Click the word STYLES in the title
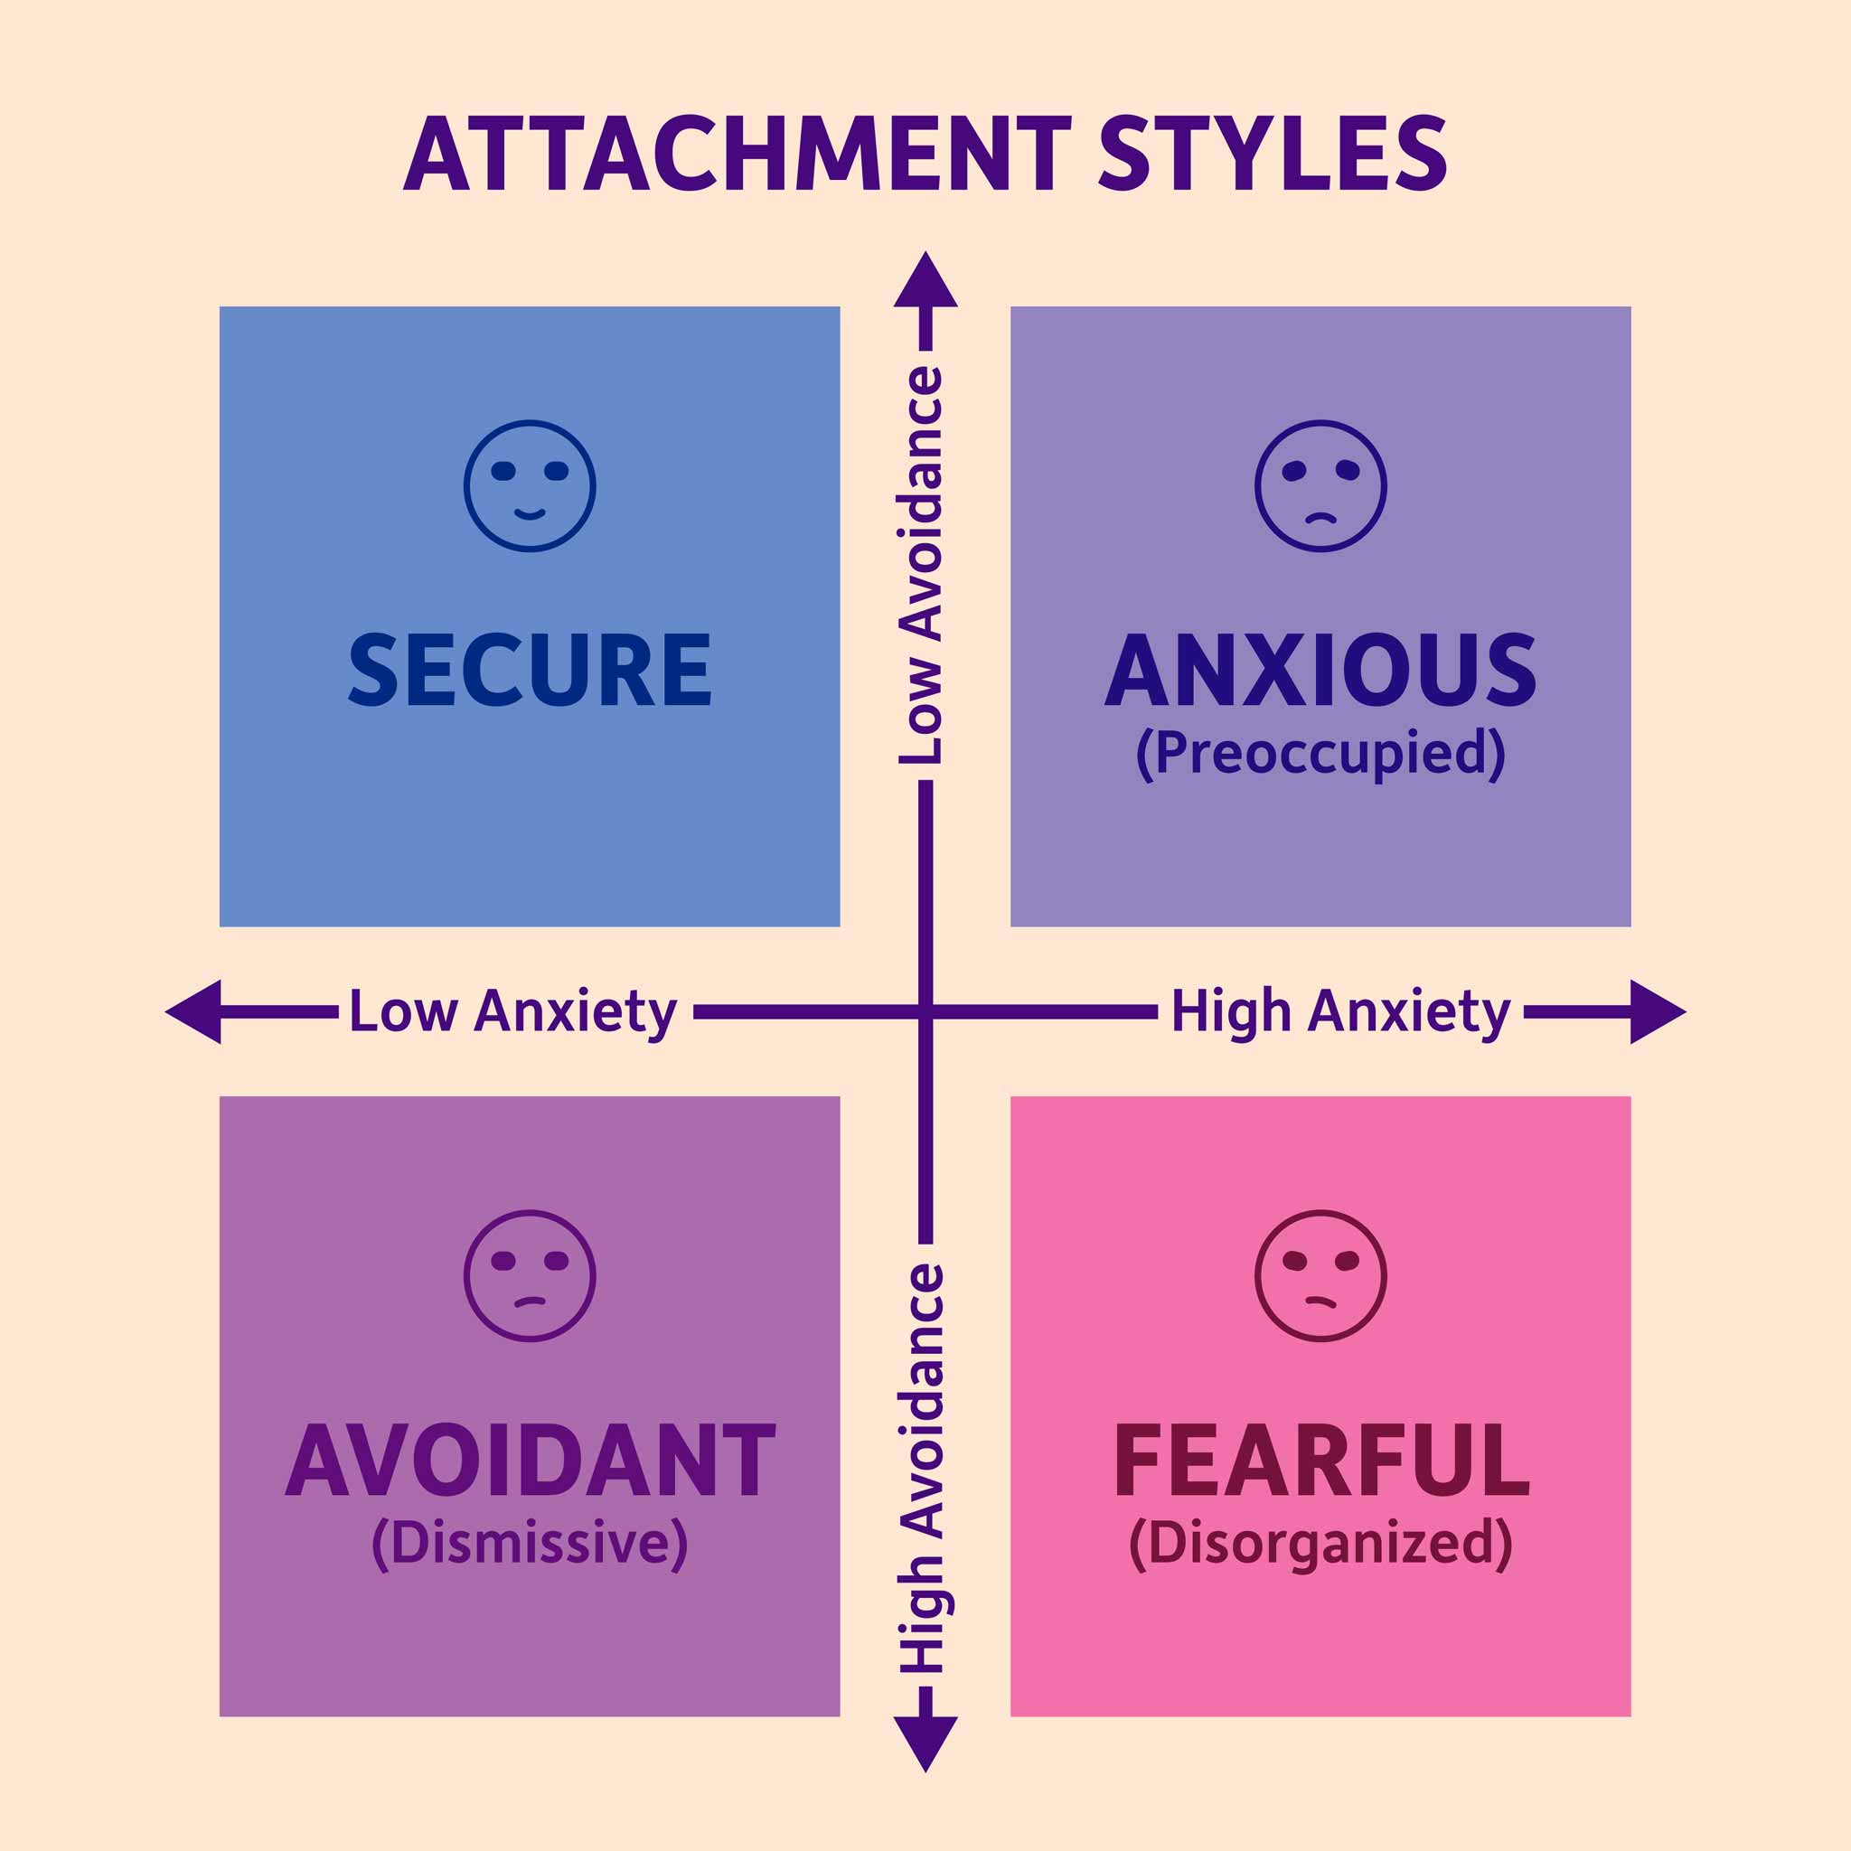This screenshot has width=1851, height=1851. coord(1273,154)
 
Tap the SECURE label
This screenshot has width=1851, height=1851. coord(530,670)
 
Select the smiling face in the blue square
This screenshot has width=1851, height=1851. coord(530,485)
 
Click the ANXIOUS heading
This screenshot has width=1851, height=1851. coord(1320,670)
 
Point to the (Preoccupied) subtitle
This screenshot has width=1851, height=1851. coord(1320,754)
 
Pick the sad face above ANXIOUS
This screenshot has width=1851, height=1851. coord(1321,485)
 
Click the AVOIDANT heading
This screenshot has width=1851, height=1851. coord(530,1461)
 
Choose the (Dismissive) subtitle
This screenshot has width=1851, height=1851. coord(530,1544)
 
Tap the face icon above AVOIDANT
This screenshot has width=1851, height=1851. coord(530,1276)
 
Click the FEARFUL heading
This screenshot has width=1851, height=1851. coord(1321,1461)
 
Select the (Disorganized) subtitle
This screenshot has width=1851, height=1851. coord(1321,1544)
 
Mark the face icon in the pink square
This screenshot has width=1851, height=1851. coord(1321,1276)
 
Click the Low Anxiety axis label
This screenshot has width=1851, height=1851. coord(512,1011)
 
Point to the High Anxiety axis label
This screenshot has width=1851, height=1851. coord(1340,1011)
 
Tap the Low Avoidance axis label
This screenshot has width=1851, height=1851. coord(922,565)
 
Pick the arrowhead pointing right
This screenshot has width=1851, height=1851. coord(1658,1011)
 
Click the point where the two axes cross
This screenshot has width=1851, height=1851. coord(925,1011)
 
